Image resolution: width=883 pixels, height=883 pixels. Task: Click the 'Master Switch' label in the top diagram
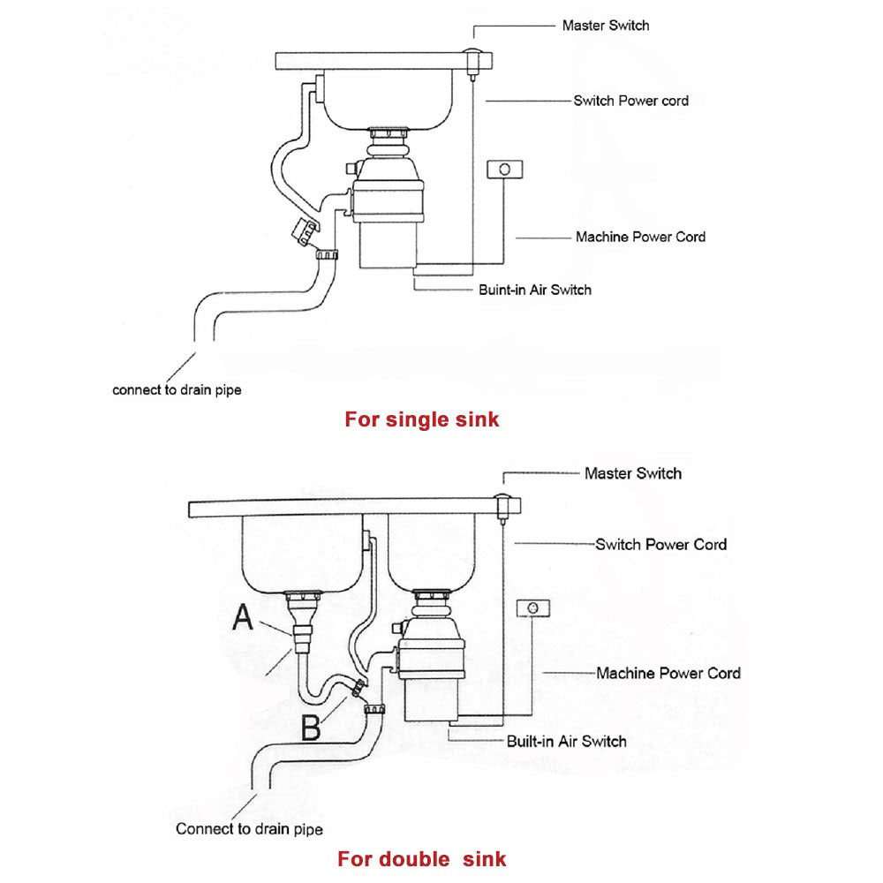point(605,26)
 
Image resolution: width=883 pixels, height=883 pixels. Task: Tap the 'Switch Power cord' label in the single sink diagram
point(630,101)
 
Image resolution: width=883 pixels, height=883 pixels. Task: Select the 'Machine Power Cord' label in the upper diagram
point(640,237)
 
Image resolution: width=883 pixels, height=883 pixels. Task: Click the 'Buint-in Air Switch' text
point(535,290)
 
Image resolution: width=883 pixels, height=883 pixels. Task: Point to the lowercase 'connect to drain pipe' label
point(177,389)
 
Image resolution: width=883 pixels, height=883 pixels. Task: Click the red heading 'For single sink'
point(421,419)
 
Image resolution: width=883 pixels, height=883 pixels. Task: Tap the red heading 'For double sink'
point(422,858)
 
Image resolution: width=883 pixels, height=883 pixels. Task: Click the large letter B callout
point(312,728)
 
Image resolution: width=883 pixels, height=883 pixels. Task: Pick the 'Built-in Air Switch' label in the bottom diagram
point(566,741)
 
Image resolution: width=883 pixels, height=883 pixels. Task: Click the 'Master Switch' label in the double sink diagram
point(632,473)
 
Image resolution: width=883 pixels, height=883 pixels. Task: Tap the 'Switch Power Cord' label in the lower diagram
point(660,544)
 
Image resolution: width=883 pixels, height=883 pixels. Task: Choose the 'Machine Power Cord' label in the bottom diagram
point(668,673)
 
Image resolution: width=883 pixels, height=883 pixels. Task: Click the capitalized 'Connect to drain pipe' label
point(249,829)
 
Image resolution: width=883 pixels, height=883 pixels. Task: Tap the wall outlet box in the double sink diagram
point(532,608)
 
